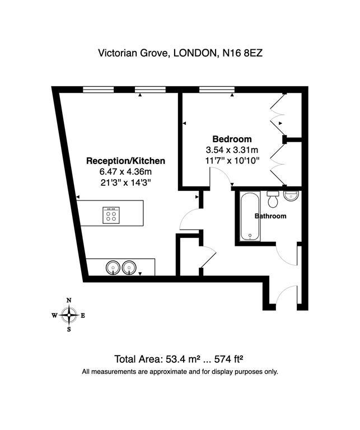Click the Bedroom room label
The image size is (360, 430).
coord(232,139)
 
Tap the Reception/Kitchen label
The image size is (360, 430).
coord(125,161)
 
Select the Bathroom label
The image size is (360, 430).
coord(270,216)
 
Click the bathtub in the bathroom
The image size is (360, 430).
coord(250,216)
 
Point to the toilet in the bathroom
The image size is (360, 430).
coord(273,199)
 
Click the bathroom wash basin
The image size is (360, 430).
coord(292,195)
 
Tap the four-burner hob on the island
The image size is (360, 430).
coord(111,215)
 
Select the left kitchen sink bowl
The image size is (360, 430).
coord(113,268)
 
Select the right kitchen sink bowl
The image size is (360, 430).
coord(129,268)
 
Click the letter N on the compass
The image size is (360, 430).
coord(69,300)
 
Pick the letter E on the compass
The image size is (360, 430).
coord(83,316)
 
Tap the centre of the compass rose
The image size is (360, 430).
coord(69,315)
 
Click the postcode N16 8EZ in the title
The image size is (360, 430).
coord(242,53)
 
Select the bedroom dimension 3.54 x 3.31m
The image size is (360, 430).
coord(232,150)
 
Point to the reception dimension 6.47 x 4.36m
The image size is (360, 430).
coord(125,172)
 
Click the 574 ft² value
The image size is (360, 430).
coord(229,359)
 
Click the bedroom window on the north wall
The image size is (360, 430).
coord(217,90)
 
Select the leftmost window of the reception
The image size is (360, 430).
coord(99,90)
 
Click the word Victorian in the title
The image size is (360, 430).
coord(118,53)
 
